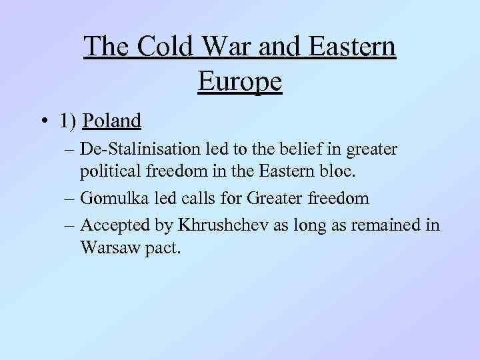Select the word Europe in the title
pos(240,81)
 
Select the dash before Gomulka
pos(69,199)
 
